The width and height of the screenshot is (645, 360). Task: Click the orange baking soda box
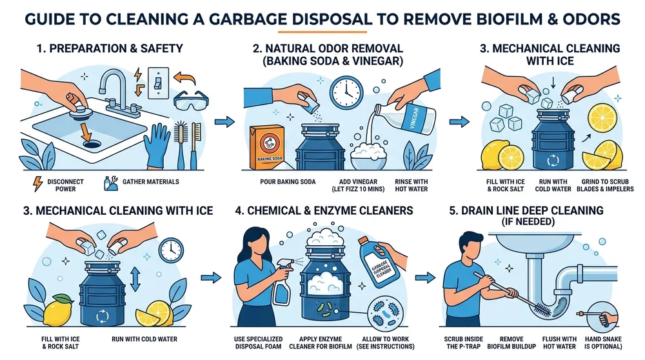pyautogui.click(x=268, y=146)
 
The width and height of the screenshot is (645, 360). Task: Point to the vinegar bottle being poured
pyautogui.click(x=412, y=119)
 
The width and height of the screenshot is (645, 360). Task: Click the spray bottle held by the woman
pyautogui.click(x=282, y=284)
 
